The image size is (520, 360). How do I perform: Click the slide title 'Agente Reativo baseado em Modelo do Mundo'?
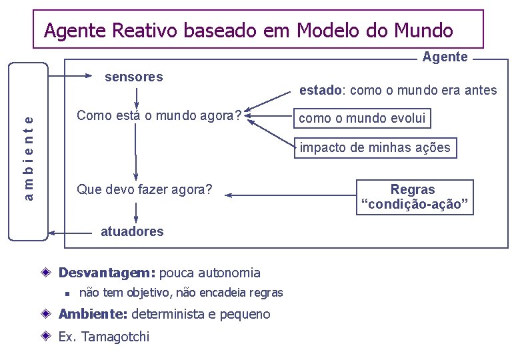tap(248, 31)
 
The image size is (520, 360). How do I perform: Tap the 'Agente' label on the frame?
tap(445, 57)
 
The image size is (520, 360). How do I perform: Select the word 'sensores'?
tap(134, 77)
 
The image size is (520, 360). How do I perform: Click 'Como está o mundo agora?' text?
tap(159, 115)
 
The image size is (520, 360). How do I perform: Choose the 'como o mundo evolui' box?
tap(362, 119)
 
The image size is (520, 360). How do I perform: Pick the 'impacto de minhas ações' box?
tap(375, 147)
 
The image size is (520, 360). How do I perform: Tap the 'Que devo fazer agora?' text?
tap(145, 190)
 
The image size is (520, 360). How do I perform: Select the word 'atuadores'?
tap(131, 231)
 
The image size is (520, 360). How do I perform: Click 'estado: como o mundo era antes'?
tap(398, 90)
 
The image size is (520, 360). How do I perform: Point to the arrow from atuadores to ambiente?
tap(70, 233)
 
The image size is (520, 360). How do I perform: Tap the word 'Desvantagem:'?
tap(107, 273)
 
